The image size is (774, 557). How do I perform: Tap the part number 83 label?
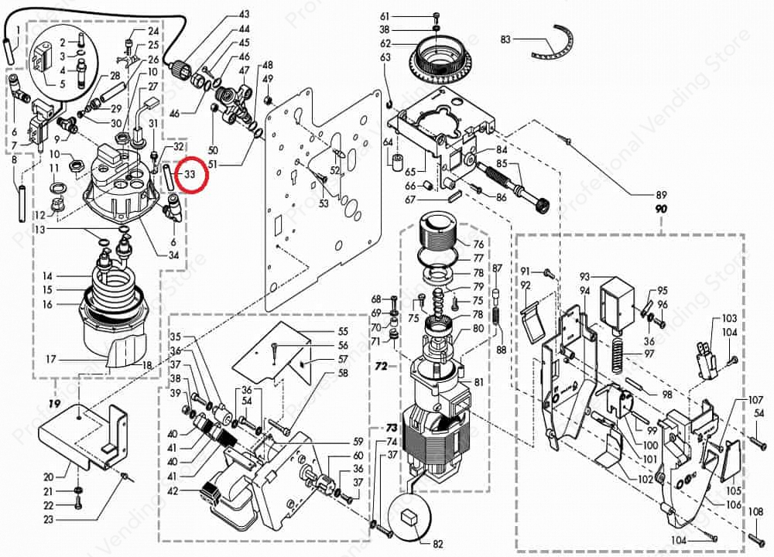pos(506,39)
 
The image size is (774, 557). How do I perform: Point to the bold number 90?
pos(661,210)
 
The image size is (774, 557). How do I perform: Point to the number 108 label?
pos(756,511)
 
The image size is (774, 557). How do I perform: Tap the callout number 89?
pos(661,194)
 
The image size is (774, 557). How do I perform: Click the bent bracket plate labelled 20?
pos(85,433)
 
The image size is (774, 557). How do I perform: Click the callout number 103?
pos(729,319)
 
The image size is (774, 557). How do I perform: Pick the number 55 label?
pos(343,331)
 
